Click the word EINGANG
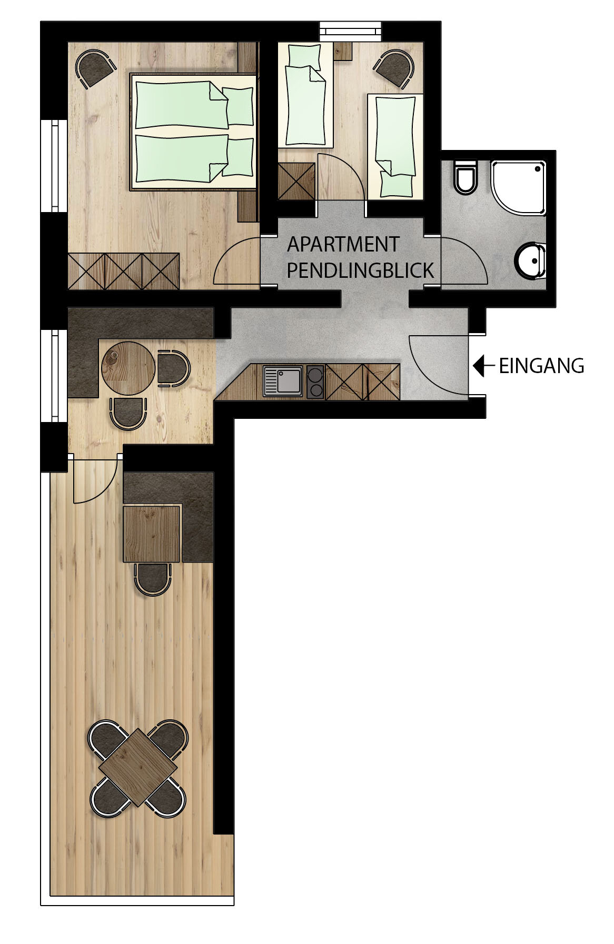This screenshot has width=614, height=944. point(541,366)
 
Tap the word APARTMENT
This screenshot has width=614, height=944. point(343,245)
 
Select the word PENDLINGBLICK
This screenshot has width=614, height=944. point(360,270)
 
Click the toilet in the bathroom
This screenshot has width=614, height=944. point(465,175)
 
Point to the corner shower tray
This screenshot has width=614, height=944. point(519,187)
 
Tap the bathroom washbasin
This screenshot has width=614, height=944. point(531,259)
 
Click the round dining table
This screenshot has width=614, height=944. point(128,368)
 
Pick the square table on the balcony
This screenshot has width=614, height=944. point(138,767)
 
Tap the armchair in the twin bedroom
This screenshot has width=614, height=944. point(394,67)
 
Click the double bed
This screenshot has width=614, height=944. point(193,132)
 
